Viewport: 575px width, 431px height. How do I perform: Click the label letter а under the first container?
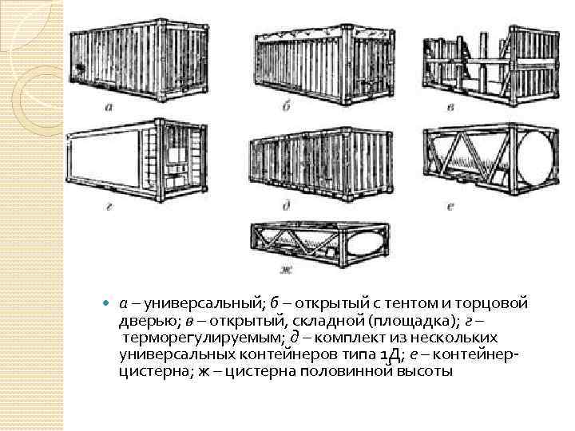coord(109,106)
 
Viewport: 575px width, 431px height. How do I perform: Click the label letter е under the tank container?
coord(451,207)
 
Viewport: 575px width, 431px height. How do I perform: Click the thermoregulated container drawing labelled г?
coord(141,160)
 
